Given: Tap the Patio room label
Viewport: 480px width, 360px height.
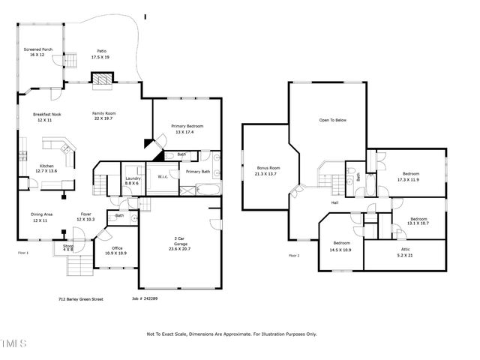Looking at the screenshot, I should (x=101, y=50).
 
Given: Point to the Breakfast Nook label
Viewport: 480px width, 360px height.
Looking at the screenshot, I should (x=46, y=114).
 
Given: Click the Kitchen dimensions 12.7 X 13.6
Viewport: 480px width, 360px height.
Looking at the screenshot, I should (x=46, y=171).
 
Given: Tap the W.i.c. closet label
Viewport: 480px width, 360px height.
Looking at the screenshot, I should (x=163, y=177).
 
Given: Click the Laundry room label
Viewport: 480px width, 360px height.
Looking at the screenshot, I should (x=132, y=178).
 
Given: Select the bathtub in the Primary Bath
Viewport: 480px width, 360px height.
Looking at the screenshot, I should (x=197, y=188).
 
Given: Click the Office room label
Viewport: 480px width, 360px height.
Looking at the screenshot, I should (x=117, y=248).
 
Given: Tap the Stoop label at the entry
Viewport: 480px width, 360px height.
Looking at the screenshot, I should (x=67, y=245).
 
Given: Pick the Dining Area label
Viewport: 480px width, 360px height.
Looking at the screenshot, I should (x=42, y=214).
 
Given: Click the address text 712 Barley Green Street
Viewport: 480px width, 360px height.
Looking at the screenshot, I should (x=80, y=298).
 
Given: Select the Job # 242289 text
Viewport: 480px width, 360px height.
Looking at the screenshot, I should (x=144, y=298).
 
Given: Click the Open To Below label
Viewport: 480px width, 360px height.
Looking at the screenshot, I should (x=332, y=120).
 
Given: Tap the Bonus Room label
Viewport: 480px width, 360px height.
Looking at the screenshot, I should (x=268, y=168).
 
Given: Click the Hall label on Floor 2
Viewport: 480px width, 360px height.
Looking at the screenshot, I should (x=335, y=202).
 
